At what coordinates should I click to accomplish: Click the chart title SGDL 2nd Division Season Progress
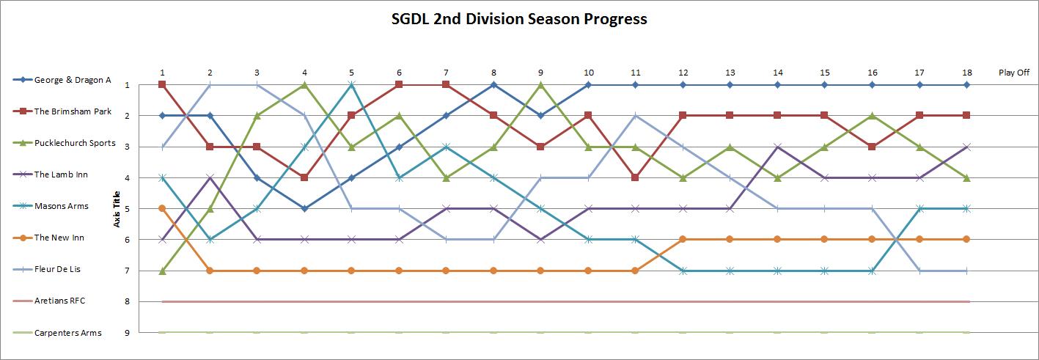pyautogui.click(x=519, y=19)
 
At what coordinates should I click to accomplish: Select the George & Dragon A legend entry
pyautogui.click(x=72, y=80)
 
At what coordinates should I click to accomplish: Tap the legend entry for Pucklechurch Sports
pyautogui.click(x=74, y=143)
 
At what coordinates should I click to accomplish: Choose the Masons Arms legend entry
pyautogui.click(x=61, y=206)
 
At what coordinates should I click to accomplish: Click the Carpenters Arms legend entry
pyautogui.click(x=67, y=333)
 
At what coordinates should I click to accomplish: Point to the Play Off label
pyautogui.click(x=1014, y=73)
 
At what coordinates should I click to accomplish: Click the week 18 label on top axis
pyautogui.click(x=966, y=73)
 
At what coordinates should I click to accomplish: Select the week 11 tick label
pyautogui.click(x=636, y=73)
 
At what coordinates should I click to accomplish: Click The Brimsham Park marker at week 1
pyautogui.click(x=162, y=85)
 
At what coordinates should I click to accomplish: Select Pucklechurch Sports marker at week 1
pyautogui.click(x=162, y=271)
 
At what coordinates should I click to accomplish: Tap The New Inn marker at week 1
pyautogui.click(x=162, y=208)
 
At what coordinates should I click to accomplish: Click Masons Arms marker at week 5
pyautogui.click(x=352, y=85)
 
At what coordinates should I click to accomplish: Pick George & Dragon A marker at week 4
pyautogui.click(x=304, y=208)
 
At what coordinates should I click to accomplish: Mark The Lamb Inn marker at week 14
pyautogui.click(x=777, y=147)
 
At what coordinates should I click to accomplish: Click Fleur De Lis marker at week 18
pyautogui.click(x=966, y=271)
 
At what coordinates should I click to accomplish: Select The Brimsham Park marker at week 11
pyautogui.click(x=636, y=177)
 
